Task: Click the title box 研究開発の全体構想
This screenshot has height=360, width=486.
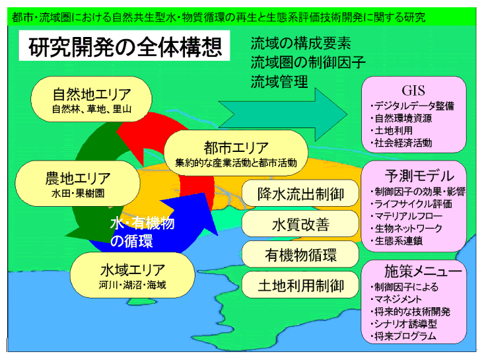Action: coord(124,46)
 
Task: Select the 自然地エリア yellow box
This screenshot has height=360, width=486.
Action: coord(91,99)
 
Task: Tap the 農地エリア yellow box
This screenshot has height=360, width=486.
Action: coord(77,183)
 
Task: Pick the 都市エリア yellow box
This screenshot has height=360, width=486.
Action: coord(236,153)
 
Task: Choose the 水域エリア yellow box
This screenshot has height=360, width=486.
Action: coord(132,275)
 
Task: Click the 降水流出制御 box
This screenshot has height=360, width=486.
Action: coord(300,194)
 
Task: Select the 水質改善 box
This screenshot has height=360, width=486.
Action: coord(300,224)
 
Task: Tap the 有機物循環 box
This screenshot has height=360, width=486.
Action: coord(300,254)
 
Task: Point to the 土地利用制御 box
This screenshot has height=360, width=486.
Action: coord(300,285)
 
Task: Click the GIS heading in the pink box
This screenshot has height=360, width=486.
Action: coord(413,90)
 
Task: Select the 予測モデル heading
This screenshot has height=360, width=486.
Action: coord(419,176)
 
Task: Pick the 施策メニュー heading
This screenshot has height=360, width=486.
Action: coord(423,271)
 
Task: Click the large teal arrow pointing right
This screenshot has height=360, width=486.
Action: coord(283,114)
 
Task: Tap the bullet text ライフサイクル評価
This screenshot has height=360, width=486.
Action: coord(413,204)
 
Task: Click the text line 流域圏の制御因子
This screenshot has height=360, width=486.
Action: coord(308,62)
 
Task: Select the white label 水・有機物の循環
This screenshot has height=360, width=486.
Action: coord(142,232)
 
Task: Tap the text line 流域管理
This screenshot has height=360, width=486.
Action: coord(279,81)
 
